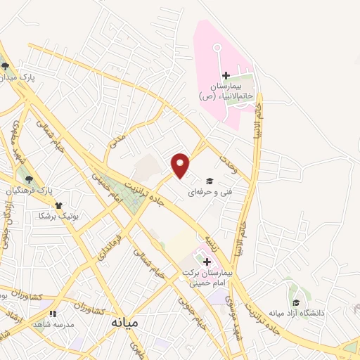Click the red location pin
point(181,165)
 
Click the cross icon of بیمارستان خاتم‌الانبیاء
point(226,76)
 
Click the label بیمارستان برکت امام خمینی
point(215,278)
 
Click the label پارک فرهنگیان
point(30,191)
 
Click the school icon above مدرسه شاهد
point(51,314)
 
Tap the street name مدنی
point(118,141)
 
